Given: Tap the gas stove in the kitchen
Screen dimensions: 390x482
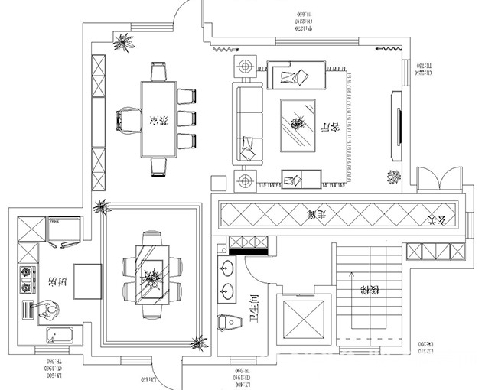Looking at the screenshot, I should [x=28, y=279].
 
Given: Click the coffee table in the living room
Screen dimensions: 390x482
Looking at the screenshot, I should [x=298, y=125].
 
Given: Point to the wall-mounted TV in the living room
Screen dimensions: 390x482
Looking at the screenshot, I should [x=397, y=125].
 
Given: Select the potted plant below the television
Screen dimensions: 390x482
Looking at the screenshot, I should [x=393, y=177].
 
